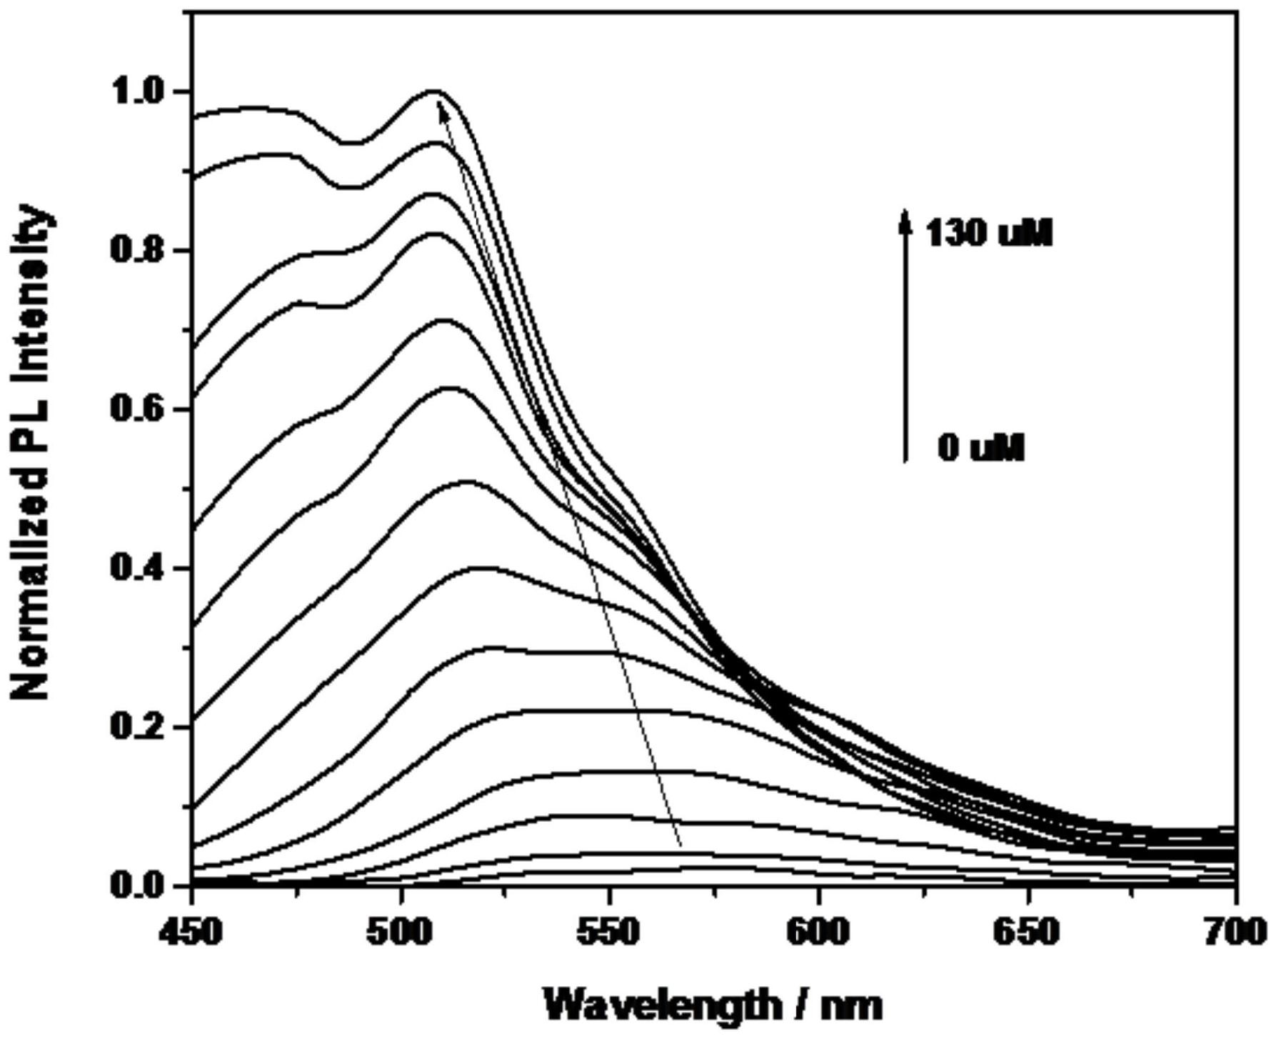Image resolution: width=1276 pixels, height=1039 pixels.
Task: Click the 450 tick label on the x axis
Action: coord(191,934)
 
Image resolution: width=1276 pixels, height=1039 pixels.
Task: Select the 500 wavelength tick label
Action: coord(401,934)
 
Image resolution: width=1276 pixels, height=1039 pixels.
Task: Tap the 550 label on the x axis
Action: coord(609,934)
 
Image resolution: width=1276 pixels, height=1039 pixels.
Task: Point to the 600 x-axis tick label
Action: coord(818,934)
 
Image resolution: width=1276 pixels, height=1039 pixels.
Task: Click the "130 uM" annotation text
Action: coord(988,234)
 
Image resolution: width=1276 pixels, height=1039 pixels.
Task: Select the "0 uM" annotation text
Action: coord(981,449)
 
